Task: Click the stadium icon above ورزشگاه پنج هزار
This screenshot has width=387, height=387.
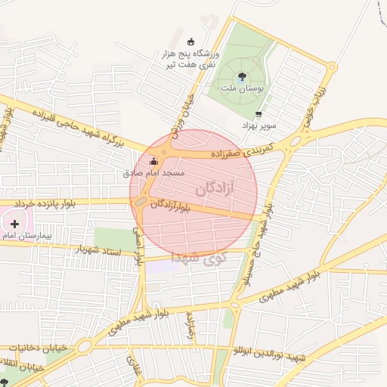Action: pos(190,42)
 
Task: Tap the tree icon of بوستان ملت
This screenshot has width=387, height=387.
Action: pos(241,76)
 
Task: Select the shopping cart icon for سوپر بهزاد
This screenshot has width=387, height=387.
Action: pos(259,115)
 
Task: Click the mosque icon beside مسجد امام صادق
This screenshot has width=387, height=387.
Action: pos(154,160)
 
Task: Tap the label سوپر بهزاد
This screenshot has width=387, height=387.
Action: pos(260,125)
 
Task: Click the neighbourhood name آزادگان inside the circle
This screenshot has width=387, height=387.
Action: pos(226,188)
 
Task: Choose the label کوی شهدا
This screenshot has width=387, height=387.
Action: pos(199,258)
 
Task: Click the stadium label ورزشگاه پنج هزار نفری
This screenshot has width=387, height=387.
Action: pos(187,60)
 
